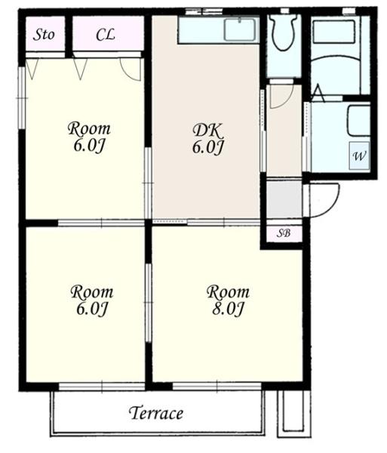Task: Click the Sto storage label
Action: tap(44, 35)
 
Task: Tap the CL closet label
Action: tap(106, 35)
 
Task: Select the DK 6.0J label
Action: tap(207, 139)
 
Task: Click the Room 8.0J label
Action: tap(228, 300)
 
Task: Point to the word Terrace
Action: tap(156, 413)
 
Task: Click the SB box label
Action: tap(284, 233)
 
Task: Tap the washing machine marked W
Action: tap(359, 156)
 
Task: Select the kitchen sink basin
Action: tap(240, 29)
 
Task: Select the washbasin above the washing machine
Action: tap(359, 121)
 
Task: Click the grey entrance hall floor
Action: tap(284, 199)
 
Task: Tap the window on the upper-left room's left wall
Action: tap(22, 98)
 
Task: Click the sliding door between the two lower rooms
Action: tap(148, 303)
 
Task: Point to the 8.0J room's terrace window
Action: tap(217, 387)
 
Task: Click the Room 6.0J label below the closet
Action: tap(89, 137)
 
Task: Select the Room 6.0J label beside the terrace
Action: tap(92, 300)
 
